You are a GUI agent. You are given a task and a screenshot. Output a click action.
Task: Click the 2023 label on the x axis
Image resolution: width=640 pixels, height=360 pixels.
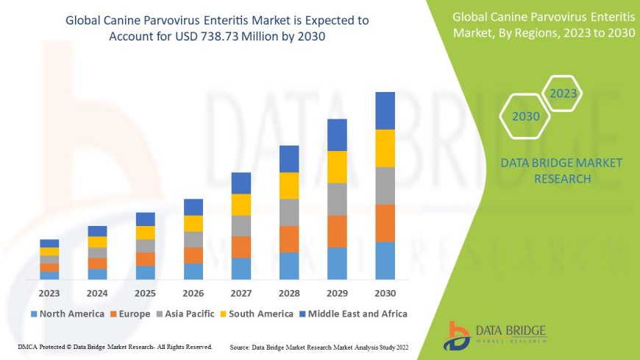tap(49, 293)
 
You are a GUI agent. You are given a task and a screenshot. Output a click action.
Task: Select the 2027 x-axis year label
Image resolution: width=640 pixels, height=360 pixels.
tap(241, 293)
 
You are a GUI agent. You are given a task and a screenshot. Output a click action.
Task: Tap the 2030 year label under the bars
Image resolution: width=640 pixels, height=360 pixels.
tap(385, 293)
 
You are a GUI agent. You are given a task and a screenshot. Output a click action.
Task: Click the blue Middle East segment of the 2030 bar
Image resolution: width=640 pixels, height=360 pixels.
tap(385, 110)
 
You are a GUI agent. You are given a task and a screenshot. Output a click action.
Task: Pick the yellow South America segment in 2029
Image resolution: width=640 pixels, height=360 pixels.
tap(337, 166)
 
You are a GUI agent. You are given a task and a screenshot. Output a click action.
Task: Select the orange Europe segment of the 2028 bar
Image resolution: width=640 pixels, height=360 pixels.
tap(289, 239)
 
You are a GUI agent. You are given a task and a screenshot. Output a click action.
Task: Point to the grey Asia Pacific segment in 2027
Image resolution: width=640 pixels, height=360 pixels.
tap(241, 225)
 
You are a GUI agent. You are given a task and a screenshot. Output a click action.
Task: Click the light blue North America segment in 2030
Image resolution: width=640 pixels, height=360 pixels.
tap(385, 261)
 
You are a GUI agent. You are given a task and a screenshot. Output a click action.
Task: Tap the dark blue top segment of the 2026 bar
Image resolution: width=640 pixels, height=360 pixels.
tap(193, 207)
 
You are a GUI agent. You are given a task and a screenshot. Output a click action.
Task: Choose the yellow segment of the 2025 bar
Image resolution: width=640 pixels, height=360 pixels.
tap(146, 233)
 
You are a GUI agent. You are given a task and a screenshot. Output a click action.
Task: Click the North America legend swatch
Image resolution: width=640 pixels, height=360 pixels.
tap(34, 314)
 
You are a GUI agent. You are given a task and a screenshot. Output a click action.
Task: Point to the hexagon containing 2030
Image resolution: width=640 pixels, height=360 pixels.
tap(526, 116)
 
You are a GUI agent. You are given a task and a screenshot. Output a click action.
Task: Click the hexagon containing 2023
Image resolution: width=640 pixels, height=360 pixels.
tap(563, 93)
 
